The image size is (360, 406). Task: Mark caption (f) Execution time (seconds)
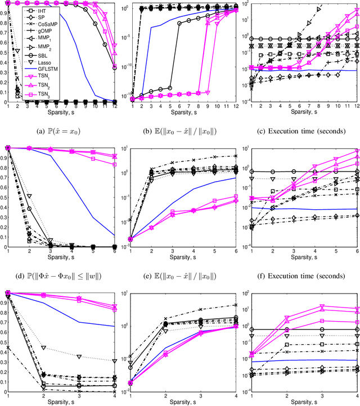coord(299,276)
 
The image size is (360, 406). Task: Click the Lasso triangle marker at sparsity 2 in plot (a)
coord(18,49)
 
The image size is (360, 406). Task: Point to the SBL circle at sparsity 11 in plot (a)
coord(105,44)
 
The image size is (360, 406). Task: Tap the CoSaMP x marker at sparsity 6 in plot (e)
coord(235,156)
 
